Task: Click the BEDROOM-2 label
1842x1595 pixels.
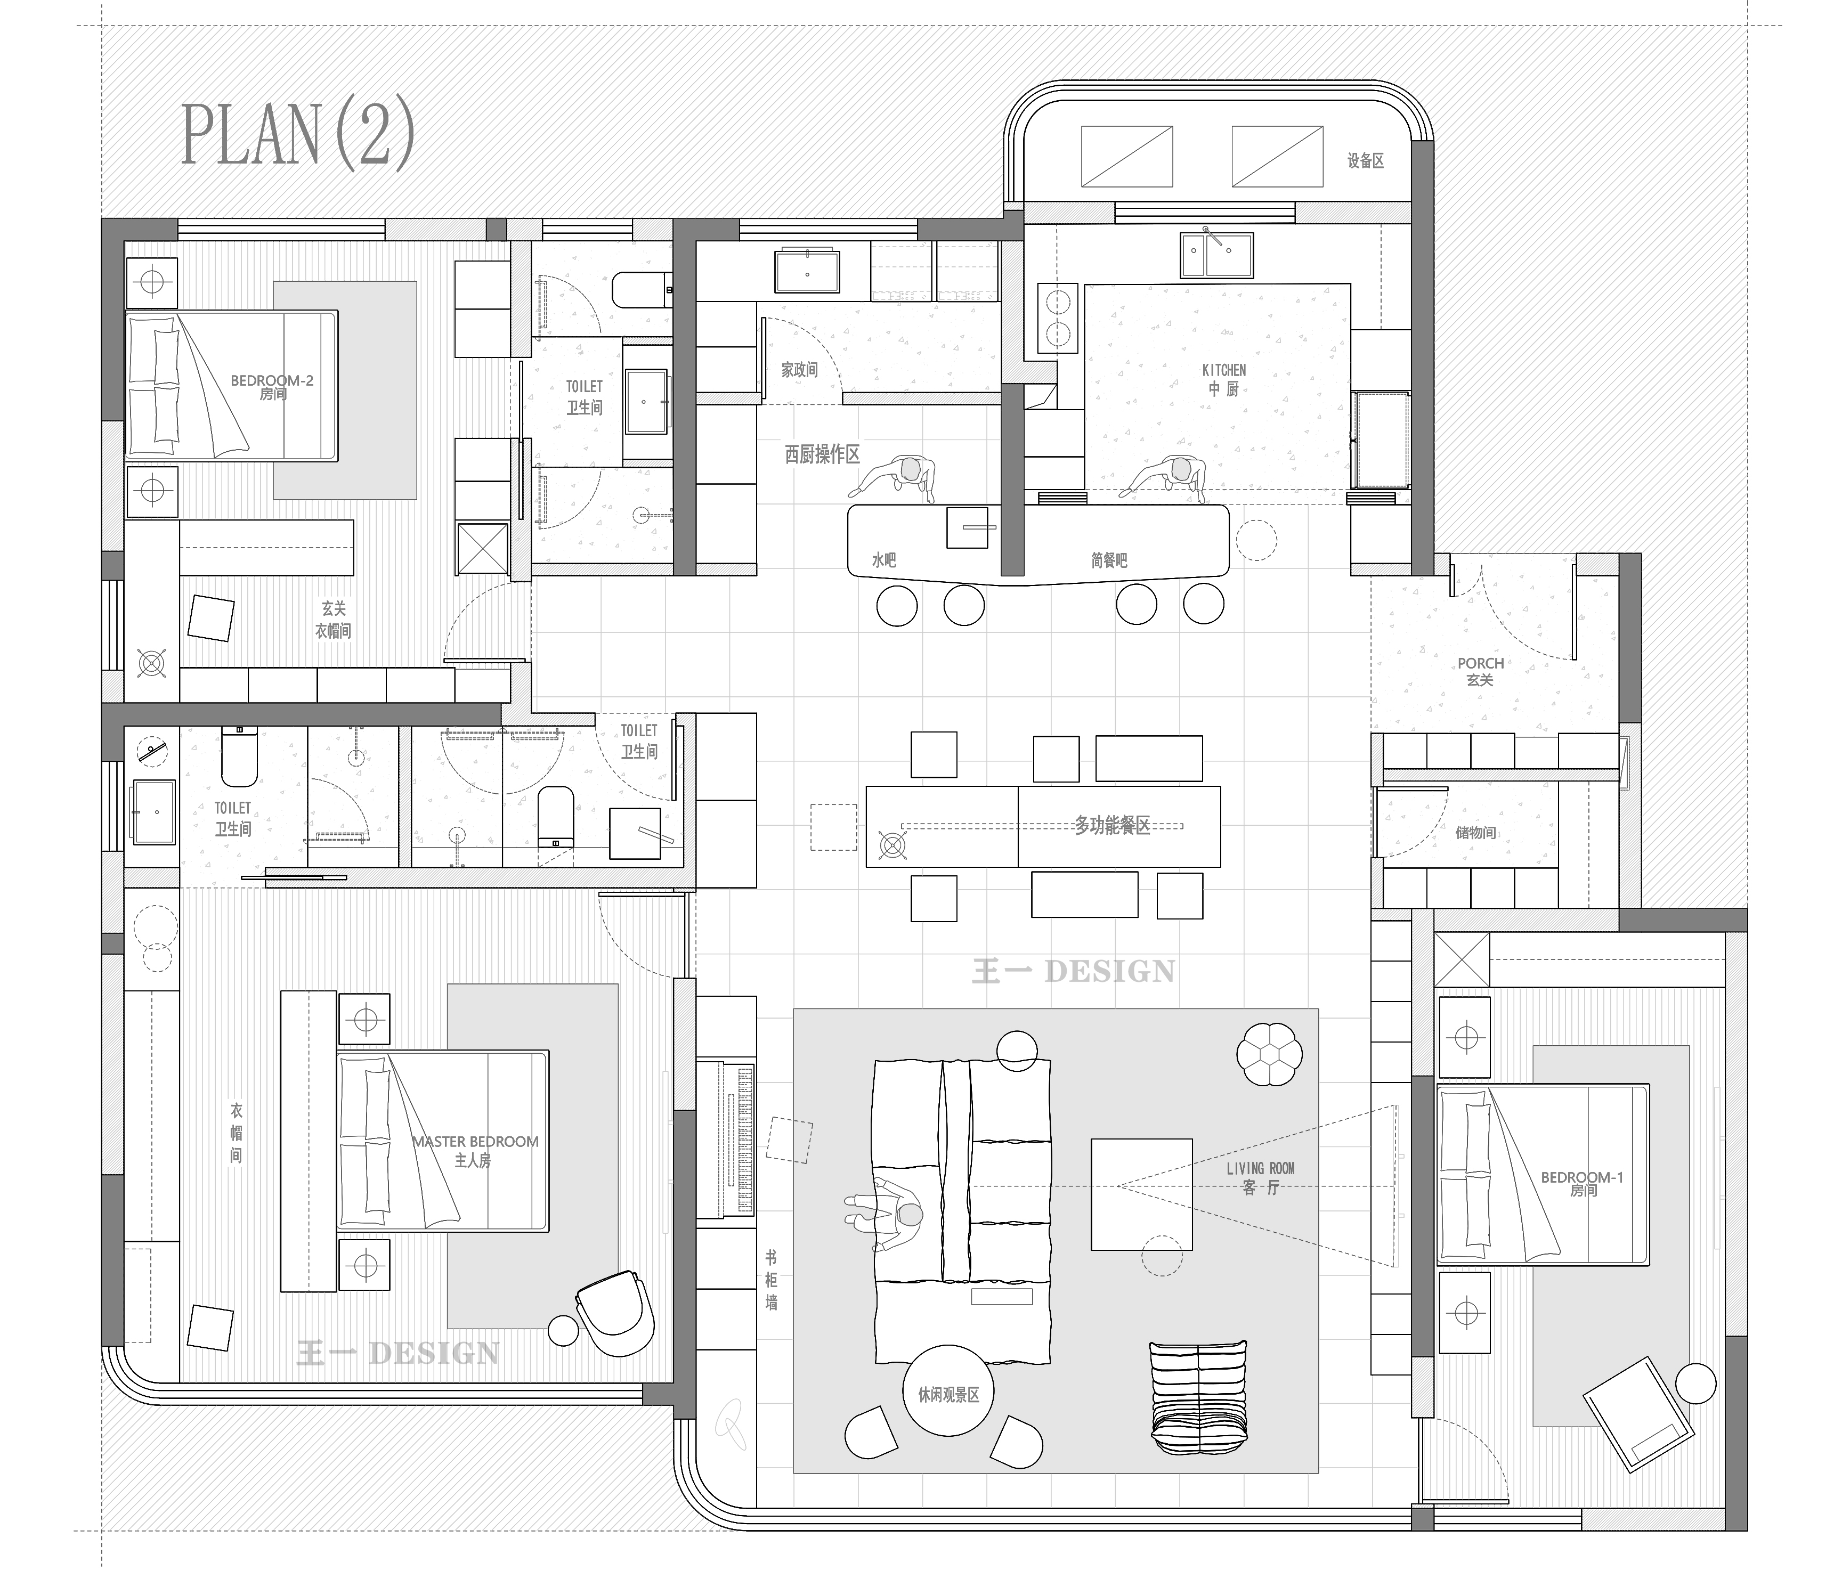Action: (x=272, y=380)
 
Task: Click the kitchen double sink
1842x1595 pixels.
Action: (x=1217, y=256)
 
